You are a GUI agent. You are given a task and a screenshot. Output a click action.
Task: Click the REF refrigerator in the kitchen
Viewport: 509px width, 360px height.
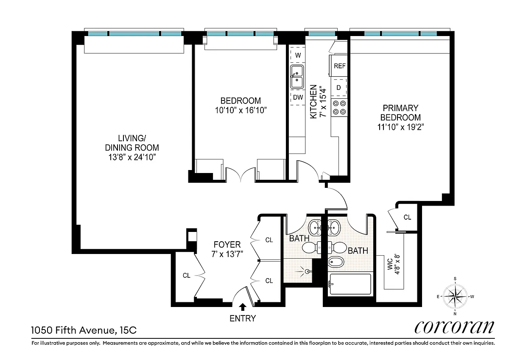point(339,66)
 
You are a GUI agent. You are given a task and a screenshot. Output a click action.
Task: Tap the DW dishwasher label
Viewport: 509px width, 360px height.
point(298,98)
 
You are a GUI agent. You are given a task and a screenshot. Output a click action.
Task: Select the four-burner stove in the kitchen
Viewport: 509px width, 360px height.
point(339,108)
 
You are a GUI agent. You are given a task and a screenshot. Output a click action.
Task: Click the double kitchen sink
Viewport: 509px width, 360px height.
point(297,77)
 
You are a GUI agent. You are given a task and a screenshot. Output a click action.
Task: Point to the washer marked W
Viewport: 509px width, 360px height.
point(298,55)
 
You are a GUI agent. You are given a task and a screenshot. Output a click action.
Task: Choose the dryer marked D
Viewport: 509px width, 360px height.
point(338,87)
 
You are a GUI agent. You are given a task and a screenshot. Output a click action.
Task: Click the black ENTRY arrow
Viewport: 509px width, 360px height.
point(243,307)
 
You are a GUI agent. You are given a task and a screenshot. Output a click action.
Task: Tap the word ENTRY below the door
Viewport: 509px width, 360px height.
point(243,318)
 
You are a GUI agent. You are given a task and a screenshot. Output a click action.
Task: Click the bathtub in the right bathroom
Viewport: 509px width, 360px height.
point(350,284)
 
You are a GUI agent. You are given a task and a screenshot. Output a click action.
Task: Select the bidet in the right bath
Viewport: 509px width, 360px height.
point(336,262)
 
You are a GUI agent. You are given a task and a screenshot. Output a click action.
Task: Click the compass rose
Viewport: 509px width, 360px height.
point(455,296)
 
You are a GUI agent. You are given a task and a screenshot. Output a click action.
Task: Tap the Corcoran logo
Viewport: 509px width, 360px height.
point(454,327)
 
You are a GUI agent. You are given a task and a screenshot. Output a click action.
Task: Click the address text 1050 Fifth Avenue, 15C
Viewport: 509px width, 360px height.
point(84,330)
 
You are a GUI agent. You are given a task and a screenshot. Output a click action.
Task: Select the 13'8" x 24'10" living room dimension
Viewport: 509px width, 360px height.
point(132,157)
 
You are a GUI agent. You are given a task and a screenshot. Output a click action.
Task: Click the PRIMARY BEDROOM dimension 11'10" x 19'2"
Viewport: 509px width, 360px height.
point(400,127)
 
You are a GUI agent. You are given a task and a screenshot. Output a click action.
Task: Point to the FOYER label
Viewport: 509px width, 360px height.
point(227,245)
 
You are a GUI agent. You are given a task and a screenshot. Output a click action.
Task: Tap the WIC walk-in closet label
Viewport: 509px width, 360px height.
point(390,264)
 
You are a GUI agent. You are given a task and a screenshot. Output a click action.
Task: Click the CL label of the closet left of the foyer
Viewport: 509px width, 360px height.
point(186,276)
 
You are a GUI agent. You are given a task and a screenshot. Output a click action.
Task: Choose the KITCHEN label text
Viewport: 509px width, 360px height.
point(313,101)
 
